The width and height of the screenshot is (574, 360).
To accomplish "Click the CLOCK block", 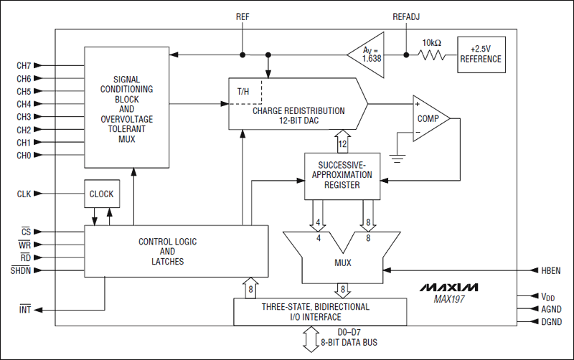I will coord(101,194).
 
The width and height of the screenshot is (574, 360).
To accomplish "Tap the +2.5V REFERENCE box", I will coord(481,55).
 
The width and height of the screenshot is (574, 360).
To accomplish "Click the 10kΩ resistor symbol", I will coord(432,55).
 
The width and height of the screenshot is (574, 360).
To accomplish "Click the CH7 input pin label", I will coord(24,65).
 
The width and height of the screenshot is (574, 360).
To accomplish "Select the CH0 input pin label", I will coord(24,155).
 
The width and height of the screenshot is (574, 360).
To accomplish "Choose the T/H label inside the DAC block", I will coord(244,92).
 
